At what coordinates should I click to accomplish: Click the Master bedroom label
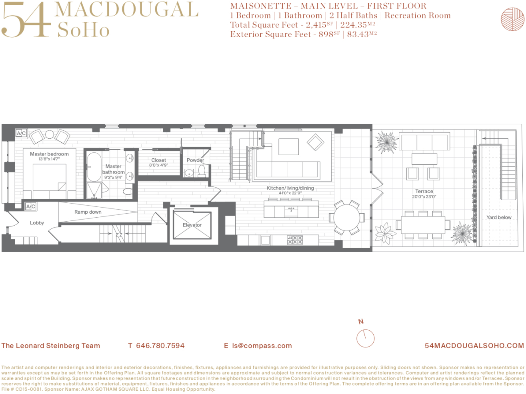(x=49, y=154)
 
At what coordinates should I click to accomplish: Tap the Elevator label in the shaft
(x=192, y=225)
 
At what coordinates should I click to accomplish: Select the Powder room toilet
(x=202, y=171)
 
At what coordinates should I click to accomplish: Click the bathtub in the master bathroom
(x=94, y=167)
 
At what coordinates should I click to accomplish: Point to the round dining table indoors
(x=347, y=218)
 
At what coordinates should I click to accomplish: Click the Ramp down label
(x=88, y=212)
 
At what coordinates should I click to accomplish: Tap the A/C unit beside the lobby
(x=31, y=206)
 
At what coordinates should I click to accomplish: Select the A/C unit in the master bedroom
(x=21, y=133)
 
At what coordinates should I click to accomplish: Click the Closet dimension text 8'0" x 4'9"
(x=159, y=165)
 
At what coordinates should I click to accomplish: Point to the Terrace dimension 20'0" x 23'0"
(x=424, y=197)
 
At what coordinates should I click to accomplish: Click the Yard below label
(x=499, y=217)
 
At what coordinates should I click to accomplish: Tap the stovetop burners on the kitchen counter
(x=295, y=240)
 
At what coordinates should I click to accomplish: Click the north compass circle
(x=365, y=338)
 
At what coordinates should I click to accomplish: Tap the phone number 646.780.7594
(x=160, y=346)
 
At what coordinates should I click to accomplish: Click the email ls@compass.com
(x=262, y=346)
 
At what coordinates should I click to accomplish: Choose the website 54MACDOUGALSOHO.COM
(x=474, y=346)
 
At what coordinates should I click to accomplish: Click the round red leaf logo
(x=512, y=19)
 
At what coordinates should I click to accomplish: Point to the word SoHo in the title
(x=83, y=30)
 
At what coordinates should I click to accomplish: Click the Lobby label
(x=37, y=223)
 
